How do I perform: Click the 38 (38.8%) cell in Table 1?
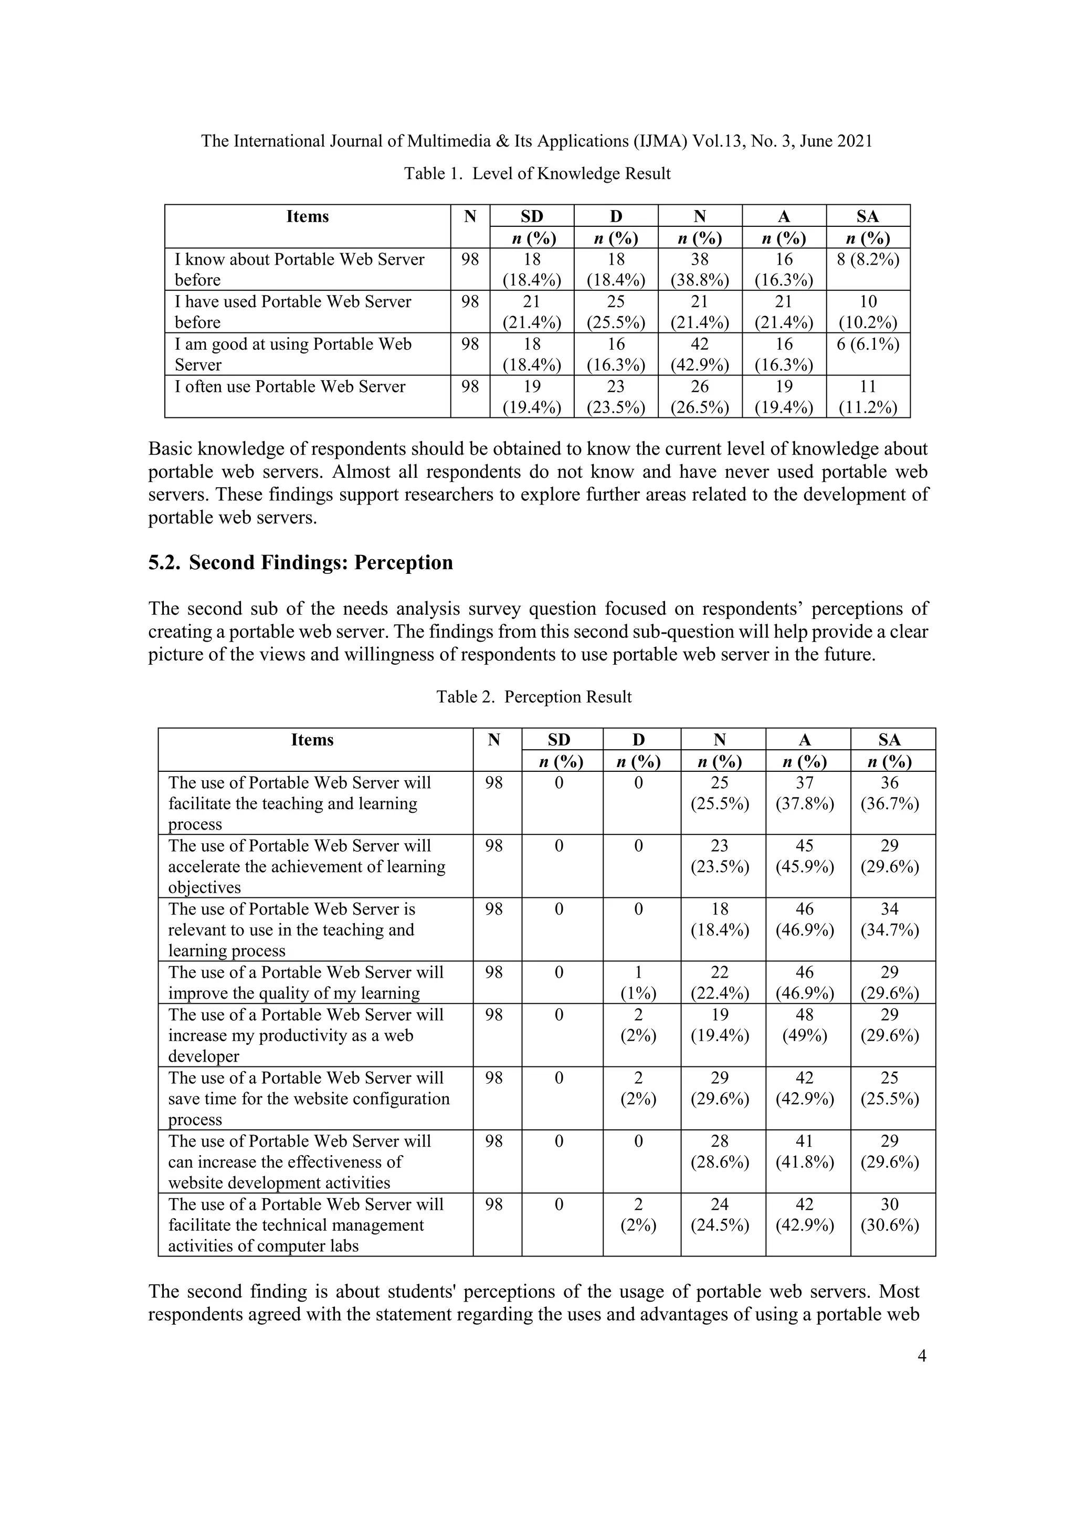coord(700,269)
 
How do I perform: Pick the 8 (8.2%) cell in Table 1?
coord(867,259)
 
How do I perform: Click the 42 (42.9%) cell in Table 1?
coord(700,354)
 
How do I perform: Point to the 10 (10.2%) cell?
coord(867,312)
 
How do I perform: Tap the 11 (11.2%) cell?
coord(867,396)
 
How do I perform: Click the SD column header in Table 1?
coord(532,216)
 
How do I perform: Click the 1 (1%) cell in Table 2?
coord(638,982)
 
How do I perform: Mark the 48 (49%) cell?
coord(804,1025)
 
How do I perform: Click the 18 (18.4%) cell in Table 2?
coord(720,919)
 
